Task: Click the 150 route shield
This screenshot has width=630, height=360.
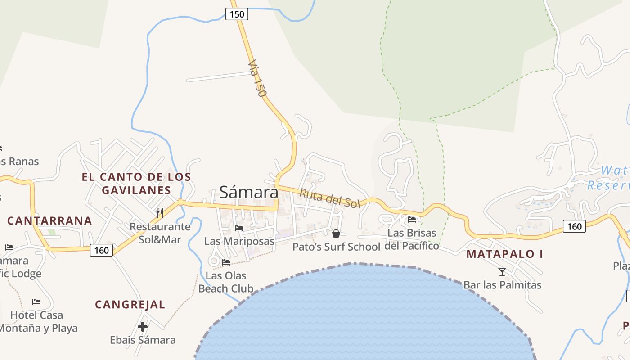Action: tap(237, 14)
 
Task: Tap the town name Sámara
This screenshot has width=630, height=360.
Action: tap(249, 192)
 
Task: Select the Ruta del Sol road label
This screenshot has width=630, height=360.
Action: tap(330, 198)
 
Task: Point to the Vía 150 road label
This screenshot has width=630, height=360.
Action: tap(257, 78)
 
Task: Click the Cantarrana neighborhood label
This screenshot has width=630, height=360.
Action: tap(49, 221)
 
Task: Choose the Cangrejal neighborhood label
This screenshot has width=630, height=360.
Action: tap(130, 305)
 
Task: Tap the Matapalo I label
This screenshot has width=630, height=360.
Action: tap(504, 254)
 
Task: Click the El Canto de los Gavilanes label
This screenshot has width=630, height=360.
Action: tap(136, 183)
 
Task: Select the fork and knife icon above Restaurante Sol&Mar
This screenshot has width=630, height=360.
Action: tap(160, 212)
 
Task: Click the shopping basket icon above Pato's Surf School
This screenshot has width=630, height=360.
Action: tap(336, 233)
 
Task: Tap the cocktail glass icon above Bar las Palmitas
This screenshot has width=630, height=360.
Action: tap(502, 271)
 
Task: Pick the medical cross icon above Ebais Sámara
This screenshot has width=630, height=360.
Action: tap(143, 327)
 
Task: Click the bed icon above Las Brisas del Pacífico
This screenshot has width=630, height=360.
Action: tap(412, 220)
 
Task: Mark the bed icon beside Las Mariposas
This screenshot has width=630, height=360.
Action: tap(239, 228)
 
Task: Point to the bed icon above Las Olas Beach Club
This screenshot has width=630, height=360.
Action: tap(226, 262)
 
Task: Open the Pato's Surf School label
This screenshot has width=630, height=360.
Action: tap(336, 247)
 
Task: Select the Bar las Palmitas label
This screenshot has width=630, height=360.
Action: tap(502, 285)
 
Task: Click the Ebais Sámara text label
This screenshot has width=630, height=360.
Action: tap(143, 340)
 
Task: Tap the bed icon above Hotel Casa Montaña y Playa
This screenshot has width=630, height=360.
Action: tap(36, 301)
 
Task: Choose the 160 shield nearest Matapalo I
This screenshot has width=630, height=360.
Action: tap(574, 226)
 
